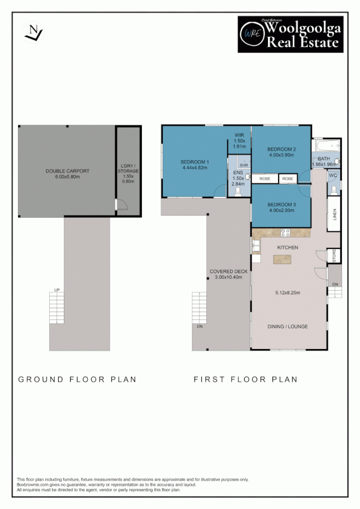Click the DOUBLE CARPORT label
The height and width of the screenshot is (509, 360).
click(67, 171)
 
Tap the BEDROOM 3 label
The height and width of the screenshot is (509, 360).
click(281, 204)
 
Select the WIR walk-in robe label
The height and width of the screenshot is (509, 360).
click(239, 135)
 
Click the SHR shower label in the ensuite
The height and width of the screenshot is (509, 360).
click(244, 165)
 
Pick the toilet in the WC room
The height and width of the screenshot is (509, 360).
click(335, 188)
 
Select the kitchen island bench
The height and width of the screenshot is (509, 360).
click(284, 260)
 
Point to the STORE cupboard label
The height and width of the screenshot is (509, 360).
click(334, 256)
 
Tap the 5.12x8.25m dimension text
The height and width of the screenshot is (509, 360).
click(287, 292)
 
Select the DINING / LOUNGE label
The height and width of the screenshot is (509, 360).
click(287, 326)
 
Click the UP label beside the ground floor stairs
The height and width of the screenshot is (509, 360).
click(57, 290)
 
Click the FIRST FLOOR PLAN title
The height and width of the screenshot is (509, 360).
click(245, 379)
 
